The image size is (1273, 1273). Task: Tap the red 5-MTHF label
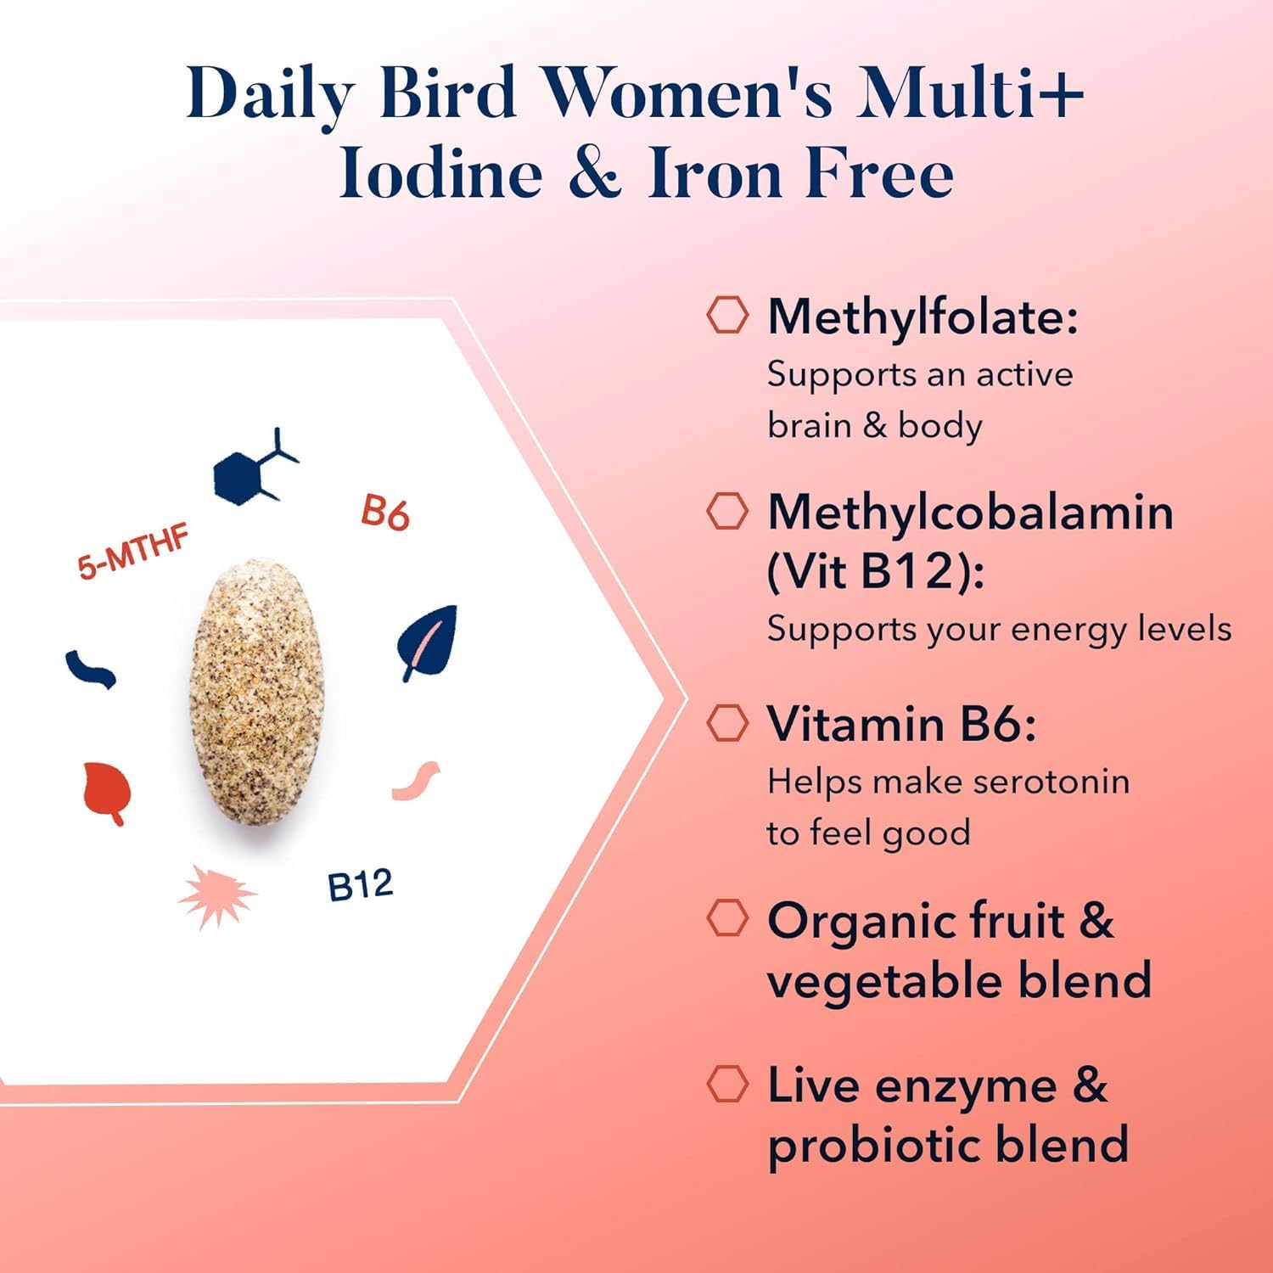133,553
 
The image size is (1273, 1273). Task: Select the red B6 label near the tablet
385,513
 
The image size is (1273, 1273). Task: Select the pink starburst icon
217,897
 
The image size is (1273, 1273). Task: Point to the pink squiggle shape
416,780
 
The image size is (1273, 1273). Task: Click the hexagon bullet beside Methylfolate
727,315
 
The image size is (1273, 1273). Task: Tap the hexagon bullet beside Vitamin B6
727,722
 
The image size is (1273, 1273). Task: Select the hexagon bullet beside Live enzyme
727,1084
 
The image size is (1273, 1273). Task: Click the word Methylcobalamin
970,512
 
